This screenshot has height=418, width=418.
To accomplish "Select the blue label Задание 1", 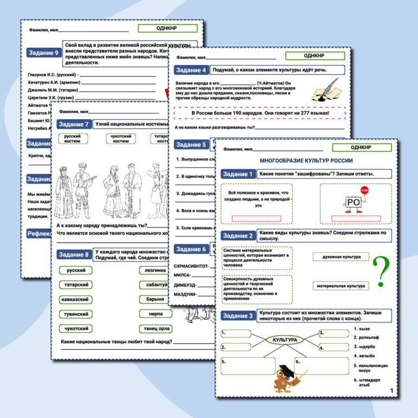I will (237, 174).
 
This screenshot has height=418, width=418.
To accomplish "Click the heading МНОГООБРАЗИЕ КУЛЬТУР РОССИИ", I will (306, 160).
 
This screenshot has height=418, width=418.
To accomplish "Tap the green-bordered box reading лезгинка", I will (154, 270).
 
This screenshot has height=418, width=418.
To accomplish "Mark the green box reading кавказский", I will (75, 299).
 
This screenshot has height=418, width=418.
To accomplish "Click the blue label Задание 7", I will (73, 124).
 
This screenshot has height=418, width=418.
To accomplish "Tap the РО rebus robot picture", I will (353, 203).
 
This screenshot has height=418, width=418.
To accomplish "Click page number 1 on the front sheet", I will (392, 391).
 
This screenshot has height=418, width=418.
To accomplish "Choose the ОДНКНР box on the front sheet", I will (361, 147).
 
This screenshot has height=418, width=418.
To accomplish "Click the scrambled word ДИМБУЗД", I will (184, 284).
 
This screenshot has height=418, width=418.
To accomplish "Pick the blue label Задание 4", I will (191, 70).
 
